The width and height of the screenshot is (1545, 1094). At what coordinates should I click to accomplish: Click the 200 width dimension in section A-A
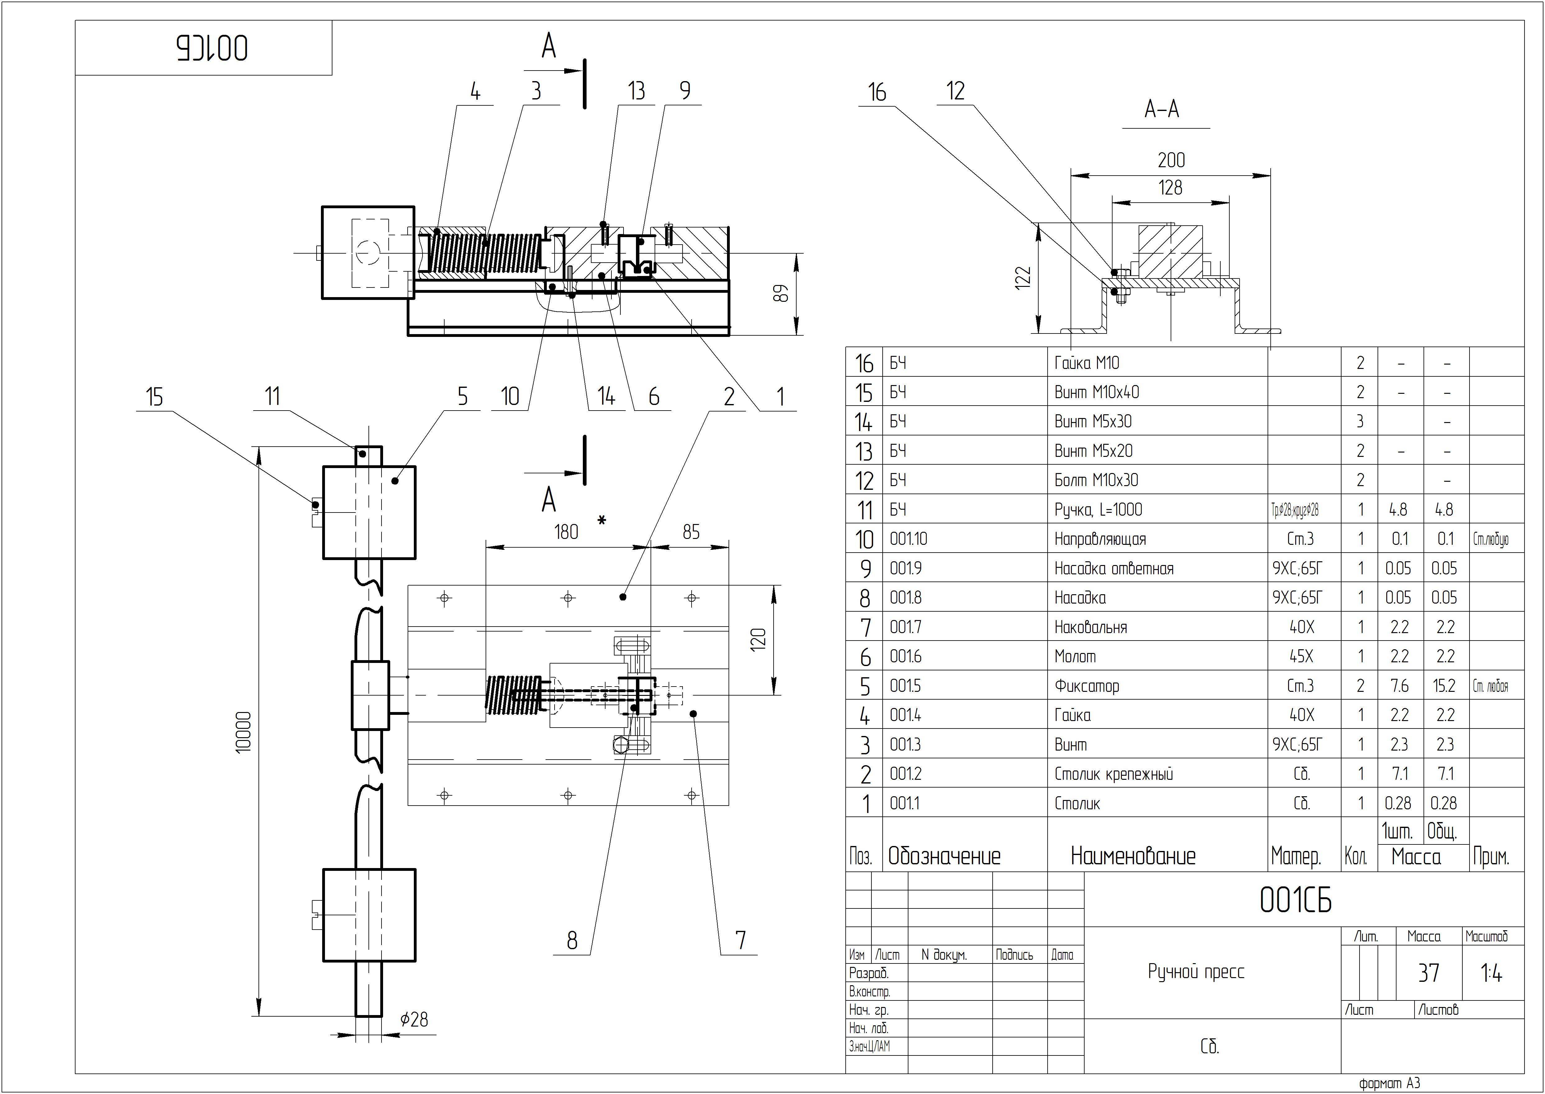click(1171, 160)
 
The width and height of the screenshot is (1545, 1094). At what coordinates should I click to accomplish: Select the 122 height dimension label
click(1022, 278)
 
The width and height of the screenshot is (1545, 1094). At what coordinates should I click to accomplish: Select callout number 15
click(154, 398)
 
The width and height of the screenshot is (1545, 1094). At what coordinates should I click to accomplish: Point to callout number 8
click(572, 940)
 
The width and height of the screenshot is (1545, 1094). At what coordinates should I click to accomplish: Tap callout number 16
click(876, 92)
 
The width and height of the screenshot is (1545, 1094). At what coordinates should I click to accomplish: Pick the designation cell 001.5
click(905, 686)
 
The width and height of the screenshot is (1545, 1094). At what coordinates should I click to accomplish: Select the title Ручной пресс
click(1195, 972)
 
